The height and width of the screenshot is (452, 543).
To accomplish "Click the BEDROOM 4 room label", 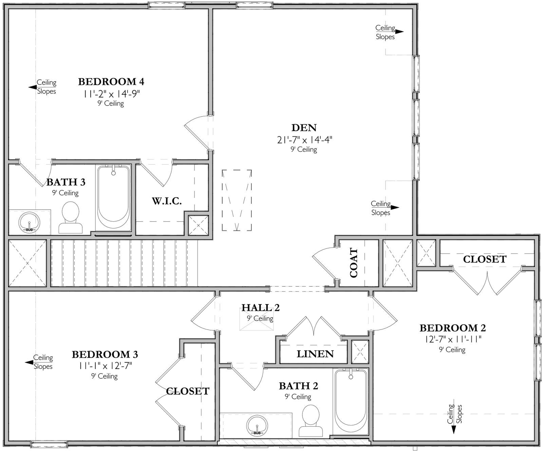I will [x=111, y=82].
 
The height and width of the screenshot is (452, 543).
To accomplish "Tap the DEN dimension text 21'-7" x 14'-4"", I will [x=304, y=139].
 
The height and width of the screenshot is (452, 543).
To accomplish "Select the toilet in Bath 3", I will [x=71, y=218].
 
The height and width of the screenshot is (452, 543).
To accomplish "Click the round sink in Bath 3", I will [x=29, y=222].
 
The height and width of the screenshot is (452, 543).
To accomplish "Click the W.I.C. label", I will [x=167, y=201].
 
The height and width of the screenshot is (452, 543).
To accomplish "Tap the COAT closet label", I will [x=354, y=263].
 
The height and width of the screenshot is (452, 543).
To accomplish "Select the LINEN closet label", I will [x=315, y=354].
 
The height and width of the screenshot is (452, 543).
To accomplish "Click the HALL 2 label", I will [x=260, y=308].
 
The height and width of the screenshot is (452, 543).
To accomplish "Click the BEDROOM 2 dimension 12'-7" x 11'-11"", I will [x=452, y=339].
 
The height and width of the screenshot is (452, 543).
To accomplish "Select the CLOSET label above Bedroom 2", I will [x=484, y=259].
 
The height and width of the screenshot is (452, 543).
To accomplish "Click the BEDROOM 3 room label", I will [x=105, y=355].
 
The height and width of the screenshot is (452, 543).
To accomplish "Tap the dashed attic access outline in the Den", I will [x=237, y=200].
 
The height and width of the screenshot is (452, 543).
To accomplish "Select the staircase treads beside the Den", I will [x=124, y=263].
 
